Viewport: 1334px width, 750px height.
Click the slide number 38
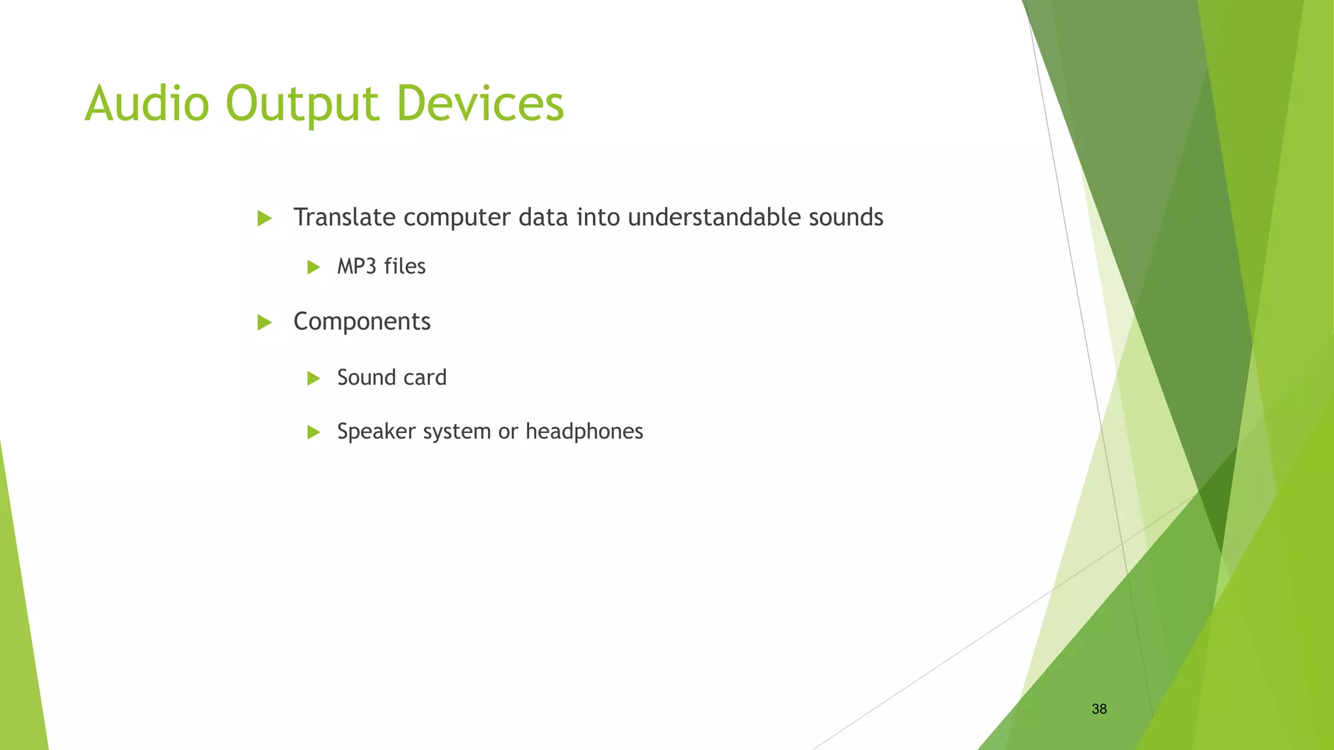click(x=1099, y=709)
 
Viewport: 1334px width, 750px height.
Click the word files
click(x=404, y=266)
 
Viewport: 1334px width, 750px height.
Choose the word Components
click(x=362, y=322)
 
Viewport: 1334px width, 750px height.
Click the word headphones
click(x=584, y=432)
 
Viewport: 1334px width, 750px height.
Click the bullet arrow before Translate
click(x=264, y=218)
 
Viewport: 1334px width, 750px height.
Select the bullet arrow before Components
click(x=264, y=322)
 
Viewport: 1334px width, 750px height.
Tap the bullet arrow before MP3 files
click(x=313, y=267)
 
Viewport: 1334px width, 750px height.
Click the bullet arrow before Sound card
click(x=313, y=378)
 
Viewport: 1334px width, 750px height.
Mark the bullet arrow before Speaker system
click(x=313, y=432)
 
